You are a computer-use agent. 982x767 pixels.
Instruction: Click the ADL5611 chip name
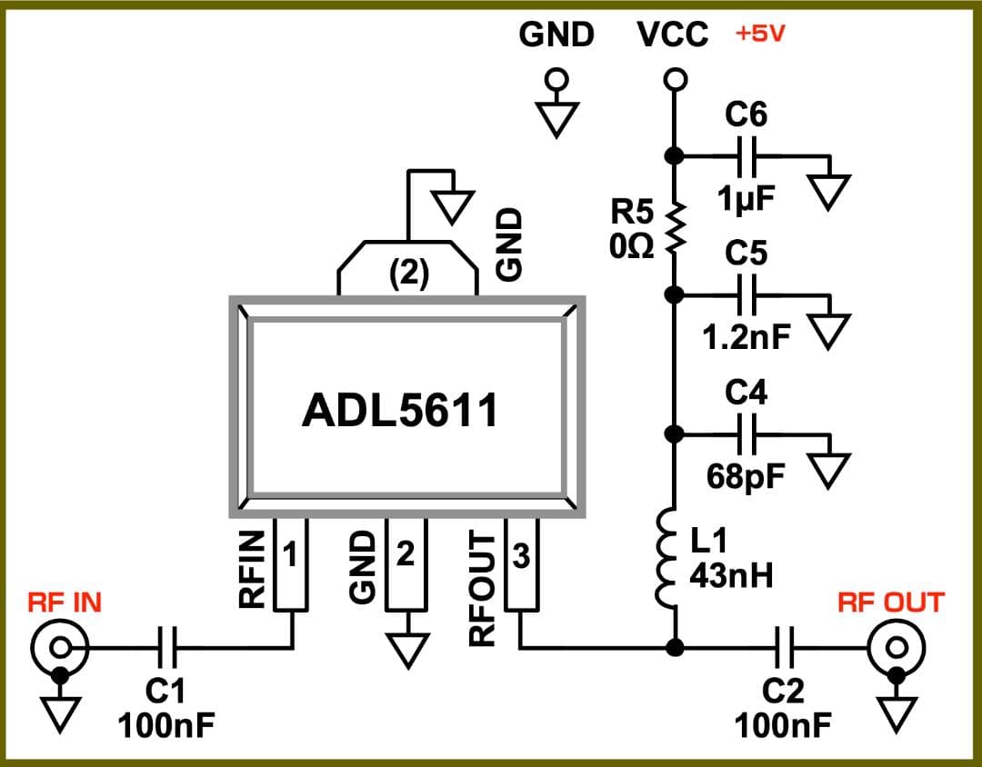(x=400, y=411)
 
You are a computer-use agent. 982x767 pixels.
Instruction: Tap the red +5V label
(x=760, y=35)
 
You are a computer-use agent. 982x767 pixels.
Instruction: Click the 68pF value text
(x=745, y=476)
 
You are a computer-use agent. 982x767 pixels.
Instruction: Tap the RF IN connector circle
(x=60, y=647)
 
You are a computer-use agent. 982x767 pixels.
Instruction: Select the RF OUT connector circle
(x=897, y=647)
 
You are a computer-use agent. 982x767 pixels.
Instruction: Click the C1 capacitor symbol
(x=166, y=647)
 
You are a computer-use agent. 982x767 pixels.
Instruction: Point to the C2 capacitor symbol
(x=785, y=647)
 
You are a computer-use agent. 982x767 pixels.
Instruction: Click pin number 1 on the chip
(x=291, y=554)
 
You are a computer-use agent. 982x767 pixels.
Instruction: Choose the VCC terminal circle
(x=674, y=80)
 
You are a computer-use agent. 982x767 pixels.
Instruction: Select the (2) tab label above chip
(x=408, y=274)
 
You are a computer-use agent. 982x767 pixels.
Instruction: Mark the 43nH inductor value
(x=732, y=575)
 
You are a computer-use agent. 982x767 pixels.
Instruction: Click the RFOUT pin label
(x=482, y=586)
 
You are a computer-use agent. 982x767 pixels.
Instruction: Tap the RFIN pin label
(x=252, y=569)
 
